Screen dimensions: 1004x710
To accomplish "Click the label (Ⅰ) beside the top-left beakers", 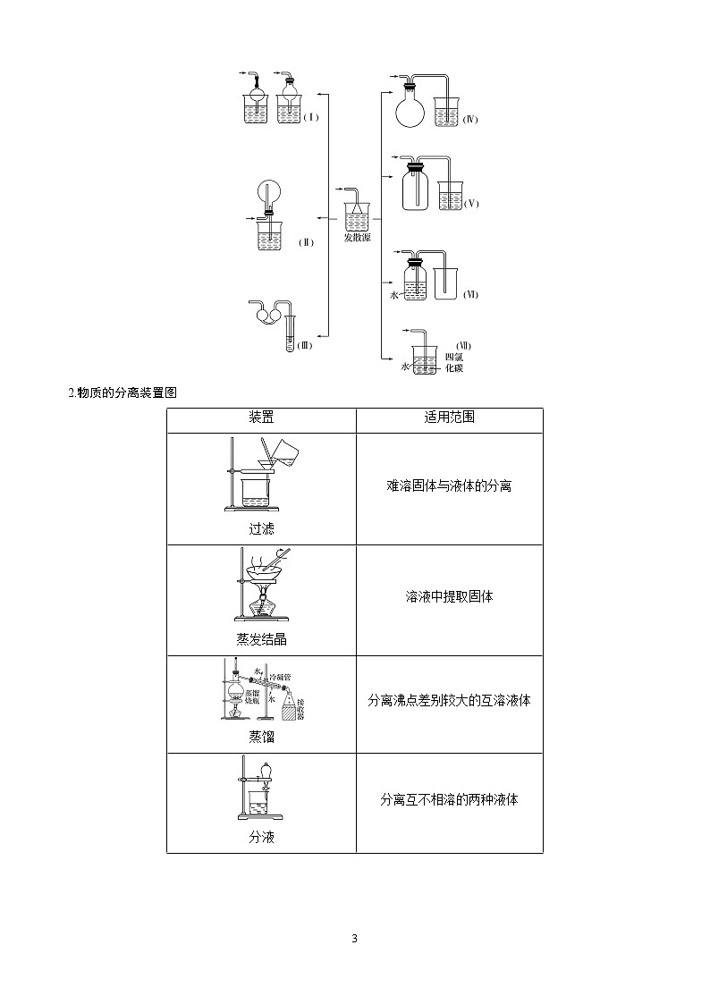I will (310, 117).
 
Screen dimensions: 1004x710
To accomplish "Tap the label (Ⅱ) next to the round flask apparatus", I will (306, 241).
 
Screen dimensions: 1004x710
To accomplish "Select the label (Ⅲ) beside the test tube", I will (304, 346).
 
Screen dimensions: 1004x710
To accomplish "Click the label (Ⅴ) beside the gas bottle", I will (471, 203).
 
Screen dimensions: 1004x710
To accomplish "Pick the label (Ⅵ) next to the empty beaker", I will (471, 294).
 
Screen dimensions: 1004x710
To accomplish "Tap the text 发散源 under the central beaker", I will (358, 238).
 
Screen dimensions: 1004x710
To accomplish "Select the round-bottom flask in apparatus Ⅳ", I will (412, 112).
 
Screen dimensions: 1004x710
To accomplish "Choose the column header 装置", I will (261, 418).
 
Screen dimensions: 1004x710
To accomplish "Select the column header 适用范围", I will (449, 418).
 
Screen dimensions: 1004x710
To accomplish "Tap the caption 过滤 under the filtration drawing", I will (261, 528).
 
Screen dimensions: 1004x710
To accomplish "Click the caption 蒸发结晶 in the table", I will (261, 639).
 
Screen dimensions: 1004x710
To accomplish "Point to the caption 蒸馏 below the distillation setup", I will (261, 737).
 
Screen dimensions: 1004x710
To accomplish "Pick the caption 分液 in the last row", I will (261, 838).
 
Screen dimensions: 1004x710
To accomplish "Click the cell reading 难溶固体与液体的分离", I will (449, 485).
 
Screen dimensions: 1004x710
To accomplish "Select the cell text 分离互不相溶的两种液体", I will (449, 799).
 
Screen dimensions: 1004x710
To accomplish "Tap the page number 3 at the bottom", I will (355, 939).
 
